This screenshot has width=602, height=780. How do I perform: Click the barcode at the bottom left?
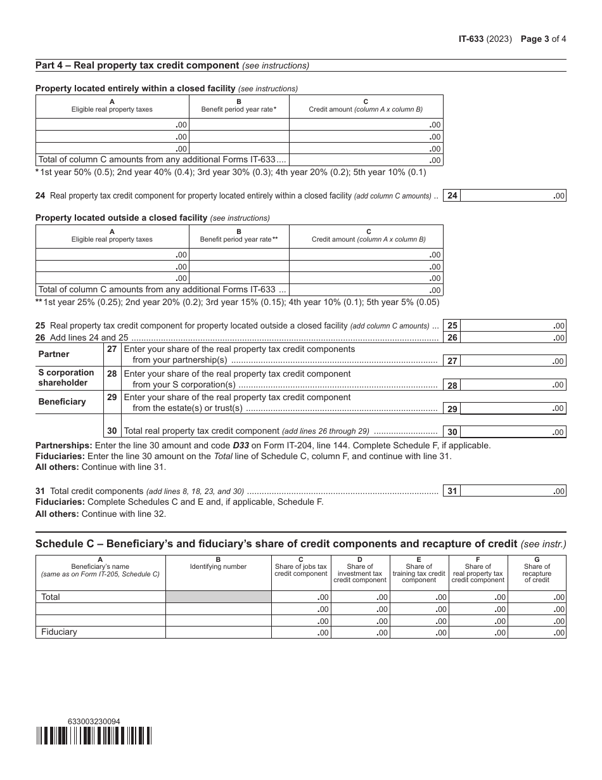click(x=94, y=736)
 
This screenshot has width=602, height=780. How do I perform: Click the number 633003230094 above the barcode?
click(x=93, y=721)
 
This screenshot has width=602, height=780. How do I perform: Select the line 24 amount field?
click(x=513, y=196)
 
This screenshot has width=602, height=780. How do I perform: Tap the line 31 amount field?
click(x=513, y=491)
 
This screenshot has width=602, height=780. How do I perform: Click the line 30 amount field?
click(x=513, y=432)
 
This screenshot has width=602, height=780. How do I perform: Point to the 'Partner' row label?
click(x=54, y=354)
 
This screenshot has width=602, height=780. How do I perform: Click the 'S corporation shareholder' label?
click(x=66, y=377)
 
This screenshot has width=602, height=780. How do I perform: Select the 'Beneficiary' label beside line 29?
click(x=61, y=401)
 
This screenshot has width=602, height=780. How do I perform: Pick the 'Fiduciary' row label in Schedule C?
click(x=59, y=632)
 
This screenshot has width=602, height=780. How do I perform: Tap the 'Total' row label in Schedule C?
click(x=51, y=597)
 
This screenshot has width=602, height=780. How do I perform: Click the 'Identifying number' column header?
click(x=219, y=566)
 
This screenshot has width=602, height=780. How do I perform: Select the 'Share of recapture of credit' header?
click(x=537, y=569)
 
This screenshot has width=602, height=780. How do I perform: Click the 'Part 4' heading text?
click(x=137, y=65)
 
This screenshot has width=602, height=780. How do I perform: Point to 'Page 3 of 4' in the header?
click(x=543, y=39)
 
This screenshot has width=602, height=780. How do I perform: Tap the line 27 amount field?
click(x=513, y=361)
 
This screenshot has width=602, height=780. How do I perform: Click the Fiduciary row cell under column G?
click(x=537, y=632)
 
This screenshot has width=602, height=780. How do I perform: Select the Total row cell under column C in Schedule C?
click(x=301, y=597)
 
